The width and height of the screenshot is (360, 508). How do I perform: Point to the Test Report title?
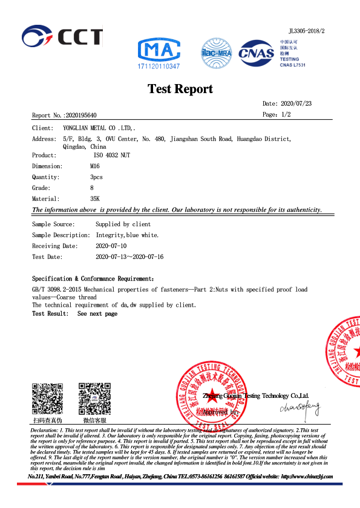click(180, 89)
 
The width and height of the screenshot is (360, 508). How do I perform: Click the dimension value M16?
click(94, 166)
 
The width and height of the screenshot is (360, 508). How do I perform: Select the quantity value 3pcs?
click(96, 177)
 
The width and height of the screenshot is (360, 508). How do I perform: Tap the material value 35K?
click(95, 198)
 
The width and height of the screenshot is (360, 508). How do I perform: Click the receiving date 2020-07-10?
click(111, 246)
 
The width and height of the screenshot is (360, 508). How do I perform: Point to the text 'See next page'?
click(97, 314)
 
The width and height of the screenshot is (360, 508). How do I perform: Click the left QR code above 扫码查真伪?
click(47, 398)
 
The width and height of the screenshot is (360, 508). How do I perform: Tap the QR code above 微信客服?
click(94, 398)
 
